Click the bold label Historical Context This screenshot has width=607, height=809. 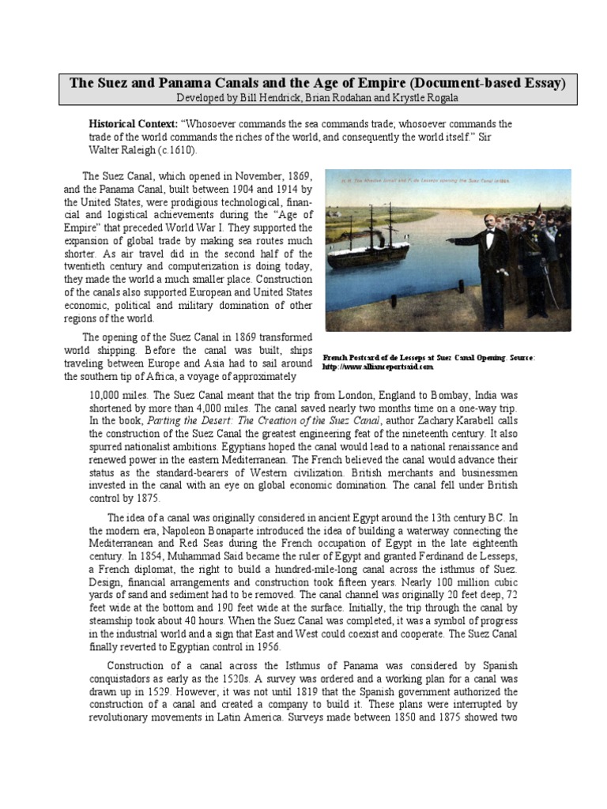(133, 125)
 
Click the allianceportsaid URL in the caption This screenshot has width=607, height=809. (379, 367)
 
